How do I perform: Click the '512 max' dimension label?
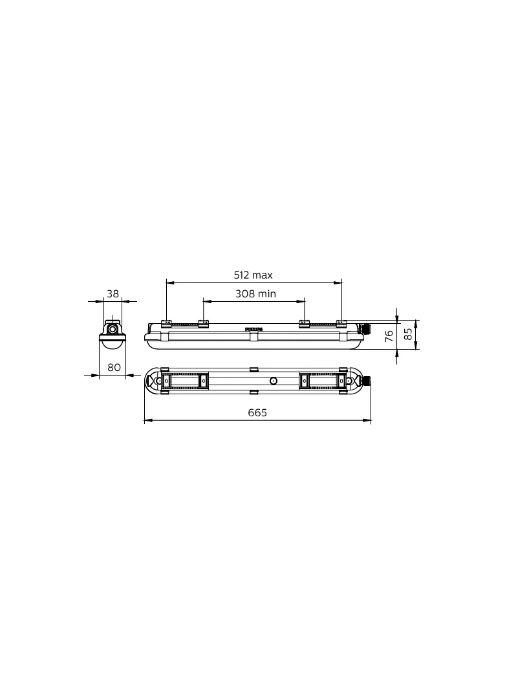pyautogui.click(x=253, y=275)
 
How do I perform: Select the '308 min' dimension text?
pyautogui.click(x=255, y=293)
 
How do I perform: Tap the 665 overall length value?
pyautogui.click(x=257, y=413)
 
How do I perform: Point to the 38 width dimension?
pyautogui.click(x=113, y=293)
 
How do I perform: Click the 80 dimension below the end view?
pyautogui.click(x=114, y=367)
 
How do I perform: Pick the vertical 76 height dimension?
pyautogui.click(x=389, y=335)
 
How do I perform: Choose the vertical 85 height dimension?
pyautogui.click(x=408, y=334)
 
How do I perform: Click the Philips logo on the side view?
pyautogui.click(x=254, y=329)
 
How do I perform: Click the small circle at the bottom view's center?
pyautogui.click(x=274, y=381)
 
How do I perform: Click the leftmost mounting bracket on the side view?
pyautogui.click(x=166, y=324)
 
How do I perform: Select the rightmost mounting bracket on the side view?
pyautogui.click(x=341, y=323)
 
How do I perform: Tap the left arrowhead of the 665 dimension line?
pyautogui.click(x=147, y=421)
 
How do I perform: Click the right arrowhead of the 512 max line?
pyautogui.click(x=339, y=282)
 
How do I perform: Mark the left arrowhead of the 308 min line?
pyautogui.click(x=206, y=301)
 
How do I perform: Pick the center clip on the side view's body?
pyautogui.click(x=254, y=336)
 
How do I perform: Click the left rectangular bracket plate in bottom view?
pyautogui.click(x=185, y=381)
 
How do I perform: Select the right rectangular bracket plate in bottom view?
pyautogui.click(x=323, y=381)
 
